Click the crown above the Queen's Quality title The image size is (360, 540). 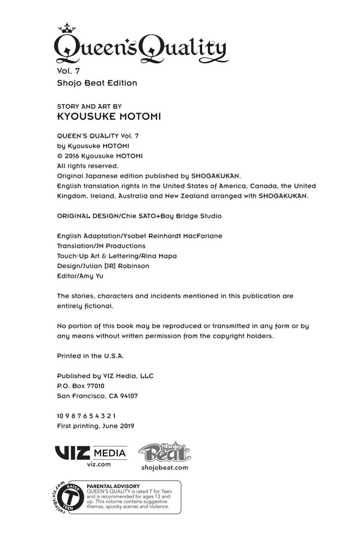pos(67,28)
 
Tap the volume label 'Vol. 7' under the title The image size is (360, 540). pos(68,71)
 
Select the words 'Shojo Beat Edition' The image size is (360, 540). pos(97,83)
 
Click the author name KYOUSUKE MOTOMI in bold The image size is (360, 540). pos(109,117)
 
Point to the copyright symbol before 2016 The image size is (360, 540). pos(60,156)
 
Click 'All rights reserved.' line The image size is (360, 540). pos(87,166)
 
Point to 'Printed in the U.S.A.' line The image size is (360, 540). pos(91,356)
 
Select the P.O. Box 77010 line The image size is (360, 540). pos(81,386)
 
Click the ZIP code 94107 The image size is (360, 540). pos(128,396)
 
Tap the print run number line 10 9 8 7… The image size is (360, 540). pos(86,416)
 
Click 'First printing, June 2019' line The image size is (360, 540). pos(95,426)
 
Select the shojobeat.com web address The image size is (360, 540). pos(165,467)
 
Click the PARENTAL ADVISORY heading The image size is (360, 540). pos(113,486)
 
